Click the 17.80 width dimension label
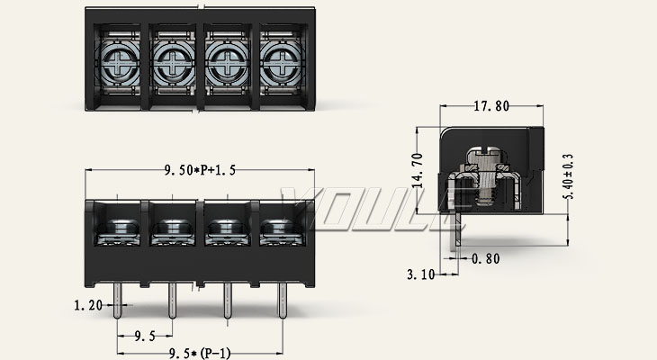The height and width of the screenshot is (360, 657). coord(491,106)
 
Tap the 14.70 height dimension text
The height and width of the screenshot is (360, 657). coord(418,170)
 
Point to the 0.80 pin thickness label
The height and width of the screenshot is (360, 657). coord(486,258)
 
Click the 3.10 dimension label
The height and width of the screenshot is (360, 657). coord(421,274)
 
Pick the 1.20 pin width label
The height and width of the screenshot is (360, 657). coord(88,305)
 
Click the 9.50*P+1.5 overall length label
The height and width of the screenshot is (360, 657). coord(200,170)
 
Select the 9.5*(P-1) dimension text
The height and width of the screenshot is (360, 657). coord(200,354)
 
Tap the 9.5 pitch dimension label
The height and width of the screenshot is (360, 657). coord(145,336)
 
